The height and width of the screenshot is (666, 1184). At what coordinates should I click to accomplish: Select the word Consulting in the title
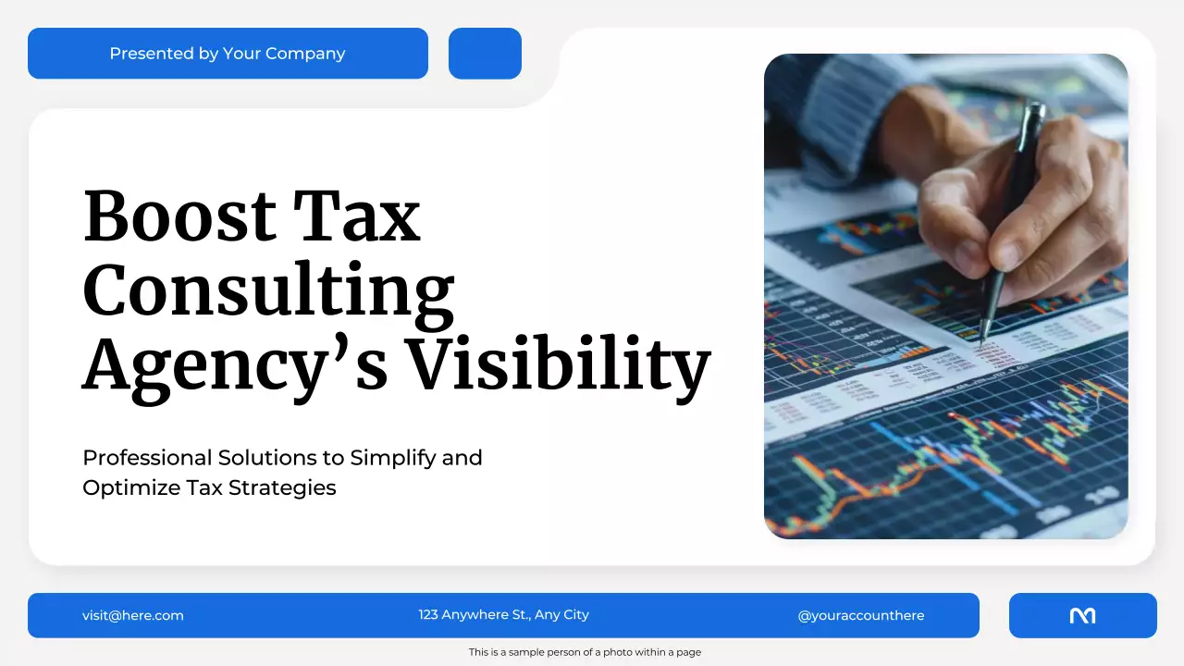[x=268, y=290]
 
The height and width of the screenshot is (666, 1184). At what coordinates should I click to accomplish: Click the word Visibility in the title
[x=559, y=363]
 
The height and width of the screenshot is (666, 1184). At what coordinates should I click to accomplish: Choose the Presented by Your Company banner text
[x=228, y=54]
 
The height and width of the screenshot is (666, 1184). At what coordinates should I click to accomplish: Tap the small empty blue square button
[x=485, y=54]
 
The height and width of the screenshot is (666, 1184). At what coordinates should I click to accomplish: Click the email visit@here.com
[x=133, y=615]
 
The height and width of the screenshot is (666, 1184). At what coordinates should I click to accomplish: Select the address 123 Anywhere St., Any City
[x=503, y=615]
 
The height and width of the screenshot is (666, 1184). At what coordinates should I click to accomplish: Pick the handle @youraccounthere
[x=860, y=615]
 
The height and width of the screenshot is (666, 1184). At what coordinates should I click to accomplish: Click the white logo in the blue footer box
[x=1082, y=615]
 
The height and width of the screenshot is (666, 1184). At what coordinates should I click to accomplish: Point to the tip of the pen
[x=981, y=341]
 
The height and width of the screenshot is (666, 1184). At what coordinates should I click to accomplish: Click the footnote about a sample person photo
[x=585, y=652]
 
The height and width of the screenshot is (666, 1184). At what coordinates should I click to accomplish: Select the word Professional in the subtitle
[x=147, y=458]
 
